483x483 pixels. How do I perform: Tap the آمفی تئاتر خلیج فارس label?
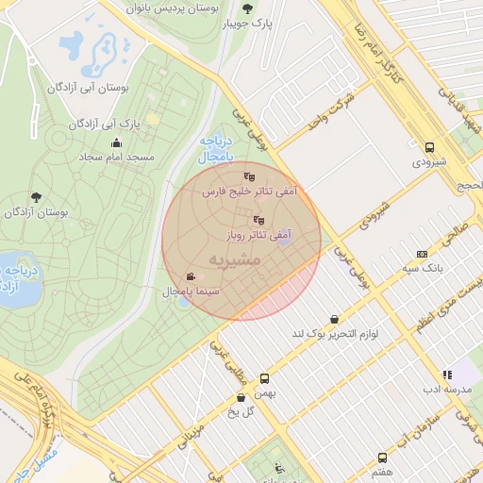coord(248,192)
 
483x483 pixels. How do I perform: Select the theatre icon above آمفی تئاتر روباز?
coord(259,220)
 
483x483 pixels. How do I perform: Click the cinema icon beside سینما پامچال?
coord(192,277)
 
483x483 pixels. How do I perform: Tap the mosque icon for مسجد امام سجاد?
coord(116,142)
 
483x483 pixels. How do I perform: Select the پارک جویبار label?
coord(252,25)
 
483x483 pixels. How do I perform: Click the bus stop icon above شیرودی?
coord(430,147)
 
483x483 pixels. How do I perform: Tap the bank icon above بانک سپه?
coord(422,253)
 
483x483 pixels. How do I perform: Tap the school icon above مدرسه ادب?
coord(447,375)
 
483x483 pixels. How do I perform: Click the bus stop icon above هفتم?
coord(382,457)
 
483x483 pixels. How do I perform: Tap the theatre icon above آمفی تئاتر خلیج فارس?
coord(248,176)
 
